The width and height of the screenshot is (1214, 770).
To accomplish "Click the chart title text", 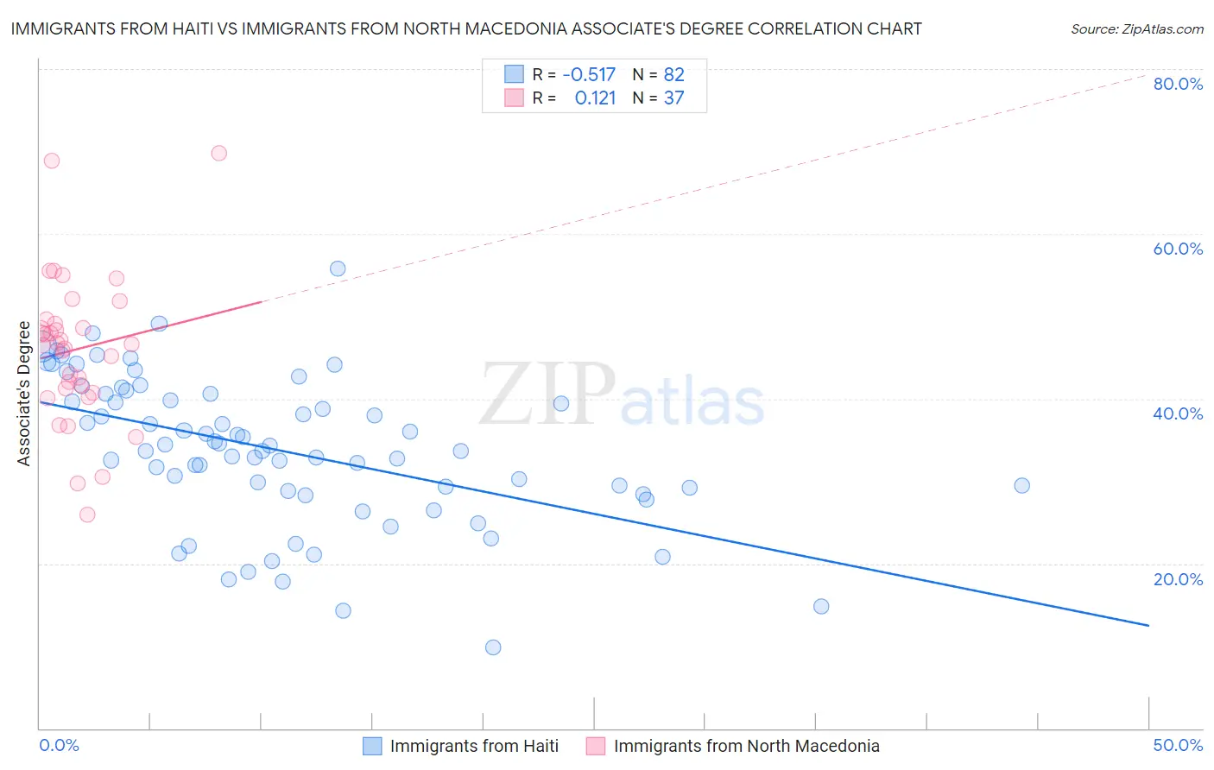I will click(466, 28).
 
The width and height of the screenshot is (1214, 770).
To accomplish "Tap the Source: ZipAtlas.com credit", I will click(1136, 28).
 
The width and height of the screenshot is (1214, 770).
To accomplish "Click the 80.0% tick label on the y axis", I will click(1178, 84).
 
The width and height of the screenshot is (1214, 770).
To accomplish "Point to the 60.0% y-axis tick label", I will click(1178, 249).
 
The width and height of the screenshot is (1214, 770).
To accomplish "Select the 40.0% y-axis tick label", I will click(1178, 413).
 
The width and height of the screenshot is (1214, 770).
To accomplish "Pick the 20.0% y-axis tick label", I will click(1178, 579).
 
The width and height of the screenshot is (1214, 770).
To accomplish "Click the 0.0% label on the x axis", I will click(59, 745).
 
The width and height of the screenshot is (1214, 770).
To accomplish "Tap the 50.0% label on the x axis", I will click(1178, 745).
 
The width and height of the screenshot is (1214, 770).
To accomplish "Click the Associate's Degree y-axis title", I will click(24, 394).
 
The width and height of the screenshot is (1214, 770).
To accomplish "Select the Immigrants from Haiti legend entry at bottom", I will click(474, 746).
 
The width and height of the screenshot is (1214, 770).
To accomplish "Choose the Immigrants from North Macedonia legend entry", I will click(746, 746).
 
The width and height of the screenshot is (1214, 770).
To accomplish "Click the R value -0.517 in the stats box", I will click(589, 75).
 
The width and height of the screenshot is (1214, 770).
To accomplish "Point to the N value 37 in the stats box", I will click(673, 98).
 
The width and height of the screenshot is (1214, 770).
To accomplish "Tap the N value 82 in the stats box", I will click(673, 75).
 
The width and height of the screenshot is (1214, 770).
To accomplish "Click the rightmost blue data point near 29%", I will click(1021, 485).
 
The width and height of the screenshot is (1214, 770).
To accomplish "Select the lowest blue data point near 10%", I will click(493, 647).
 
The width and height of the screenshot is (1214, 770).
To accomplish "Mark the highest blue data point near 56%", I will click(338, 268).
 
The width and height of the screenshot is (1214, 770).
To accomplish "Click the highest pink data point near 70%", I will click(218, 153).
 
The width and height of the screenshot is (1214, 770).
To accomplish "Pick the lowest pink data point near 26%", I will click(87, 514).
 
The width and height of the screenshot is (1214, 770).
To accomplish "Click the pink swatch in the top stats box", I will click(514, 98).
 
